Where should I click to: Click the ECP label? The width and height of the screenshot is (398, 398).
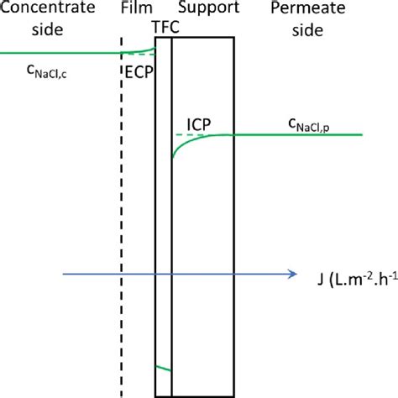point(137,72)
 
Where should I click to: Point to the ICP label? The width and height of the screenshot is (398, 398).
point(198,123)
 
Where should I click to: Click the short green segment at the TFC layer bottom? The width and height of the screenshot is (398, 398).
point(164,368)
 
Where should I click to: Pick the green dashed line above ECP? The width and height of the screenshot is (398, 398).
point(141,55)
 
